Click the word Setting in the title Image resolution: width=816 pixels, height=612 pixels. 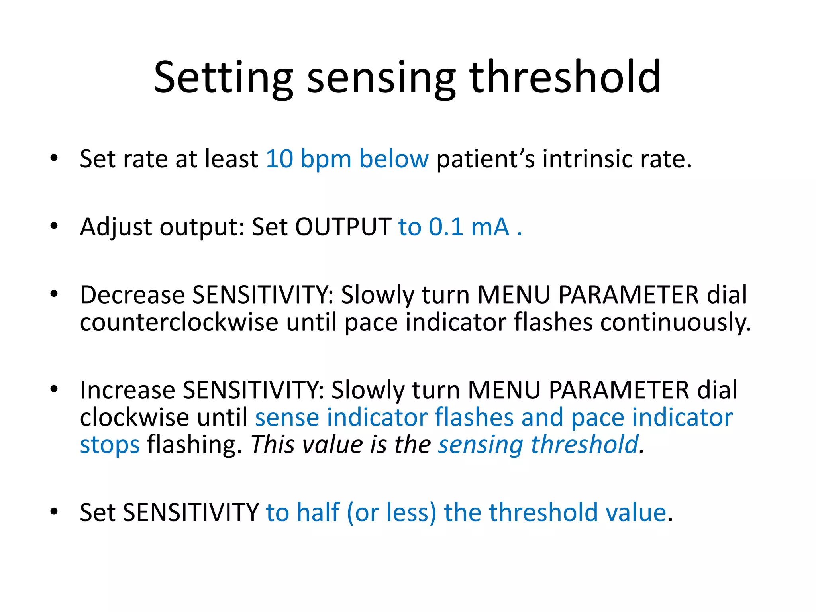pos(223,78)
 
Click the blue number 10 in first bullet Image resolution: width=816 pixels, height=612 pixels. pos(279,159)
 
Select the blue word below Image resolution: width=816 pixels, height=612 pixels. pos(394,159)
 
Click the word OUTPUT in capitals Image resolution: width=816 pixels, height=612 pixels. pos(343,227)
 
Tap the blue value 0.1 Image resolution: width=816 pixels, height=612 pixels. pos(445,227)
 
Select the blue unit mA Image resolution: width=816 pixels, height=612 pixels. pos(490,227)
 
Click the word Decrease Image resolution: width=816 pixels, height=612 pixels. pos(132,295)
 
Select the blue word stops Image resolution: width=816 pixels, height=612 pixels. pos(110,445)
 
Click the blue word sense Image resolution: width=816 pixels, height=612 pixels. pos(287,417)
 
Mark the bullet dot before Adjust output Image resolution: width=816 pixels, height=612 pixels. pos(54,226)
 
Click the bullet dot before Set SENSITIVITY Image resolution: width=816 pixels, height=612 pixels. pos(54,512)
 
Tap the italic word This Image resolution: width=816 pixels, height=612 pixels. pos(273,445)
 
